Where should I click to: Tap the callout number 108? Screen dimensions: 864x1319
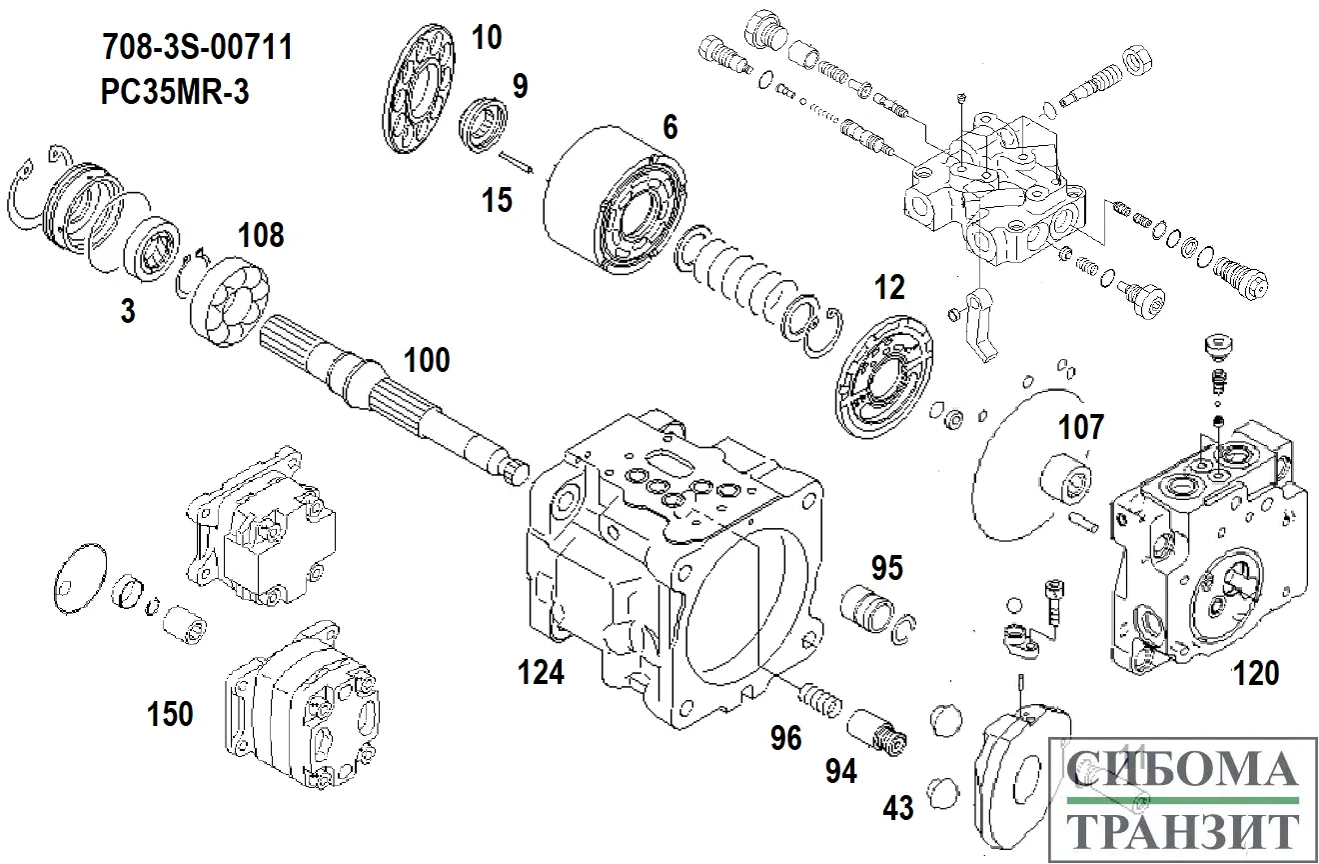(x=260, y=236)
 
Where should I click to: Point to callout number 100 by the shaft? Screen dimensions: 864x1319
(x=427, y=361)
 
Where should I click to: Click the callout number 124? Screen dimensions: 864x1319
(x=541, y=673)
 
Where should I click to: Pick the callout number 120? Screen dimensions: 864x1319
(x=1256, y=674)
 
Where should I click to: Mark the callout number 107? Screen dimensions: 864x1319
(x=1081, y=428)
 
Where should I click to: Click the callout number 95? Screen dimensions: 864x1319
(x=886, y=568)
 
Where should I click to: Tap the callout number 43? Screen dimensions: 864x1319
(x=898, y=807)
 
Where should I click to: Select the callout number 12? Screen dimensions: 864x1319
(x=888, y=288)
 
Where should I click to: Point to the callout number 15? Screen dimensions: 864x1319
(x=496, y=200)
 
